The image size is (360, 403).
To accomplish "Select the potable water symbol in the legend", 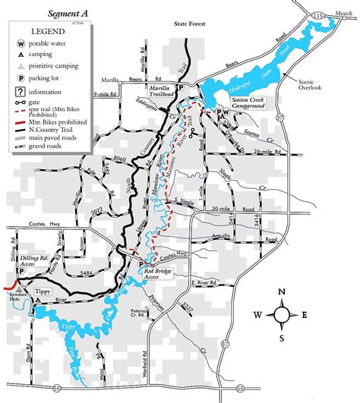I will pos(17,42).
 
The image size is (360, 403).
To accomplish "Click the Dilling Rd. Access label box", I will pos(32,261).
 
